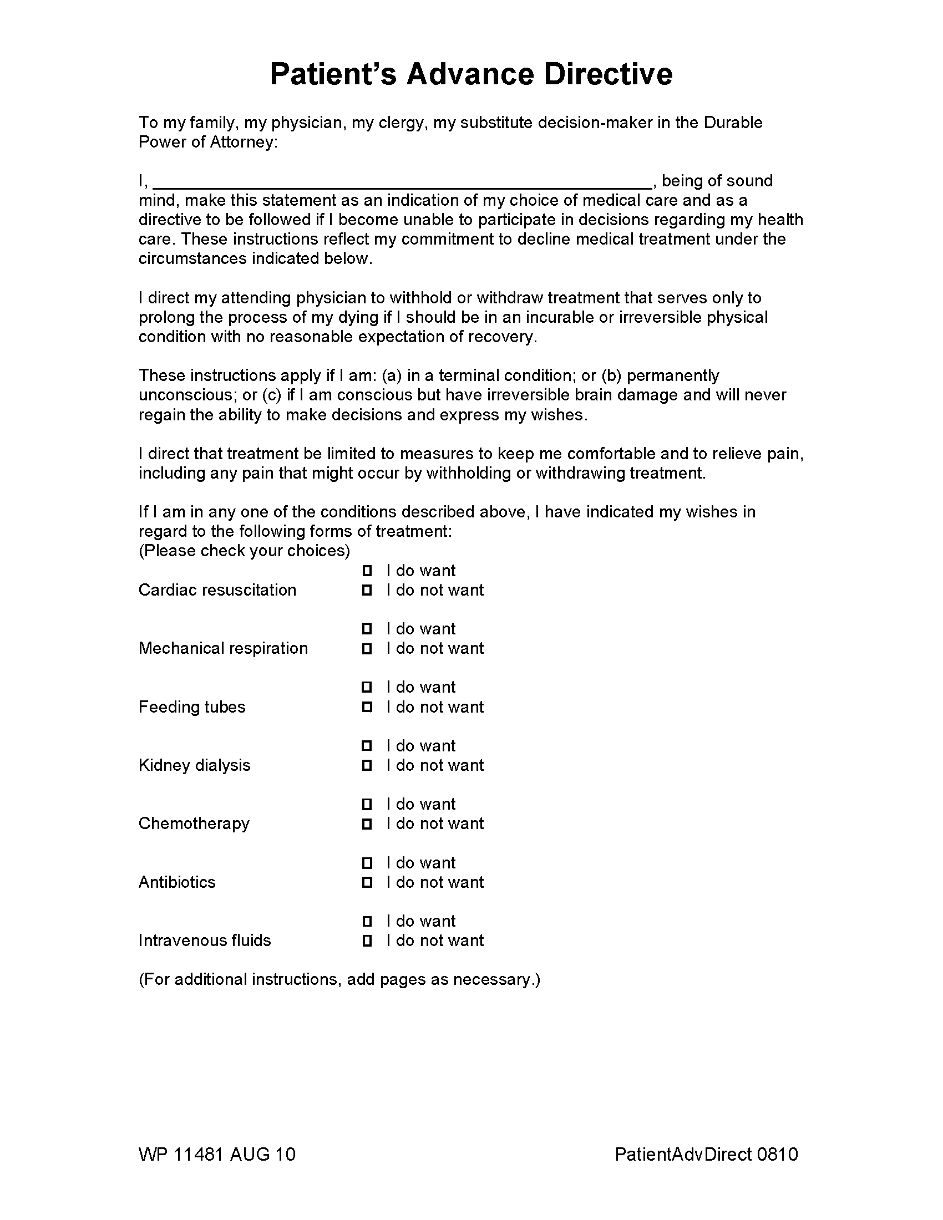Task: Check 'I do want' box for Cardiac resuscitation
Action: [367, 570]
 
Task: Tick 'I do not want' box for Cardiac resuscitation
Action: [367, 590]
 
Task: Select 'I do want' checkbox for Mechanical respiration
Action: [367, 629]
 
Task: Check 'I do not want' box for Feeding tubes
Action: [367, 706]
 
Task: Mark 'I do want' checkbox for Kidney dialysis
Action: [367, 746]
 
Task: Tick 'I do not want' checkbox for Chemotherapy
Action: [367, 823]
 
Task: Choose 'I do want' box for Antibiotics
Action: [367, 863]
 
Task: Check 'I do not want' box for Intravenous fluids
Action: [367, 941]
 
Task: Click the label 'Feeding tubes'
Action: [191, 706]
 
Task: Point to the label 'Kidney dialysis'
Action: [194, 765]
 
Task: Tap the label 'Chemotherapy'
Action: [194, 823]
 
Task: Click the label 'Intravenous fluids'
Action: [205, 941]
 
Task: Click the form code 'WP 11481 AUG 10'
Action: [217, 1154]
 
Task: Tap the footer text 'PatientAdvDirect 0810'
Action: [706, 1154]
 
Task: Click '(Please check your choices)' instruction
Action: [244, 551]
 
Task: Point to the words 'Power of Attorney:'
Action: [208, 142]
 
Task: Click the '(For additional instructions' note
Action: [339, 979]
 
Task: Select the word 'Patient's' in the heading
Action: [333, 74]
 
